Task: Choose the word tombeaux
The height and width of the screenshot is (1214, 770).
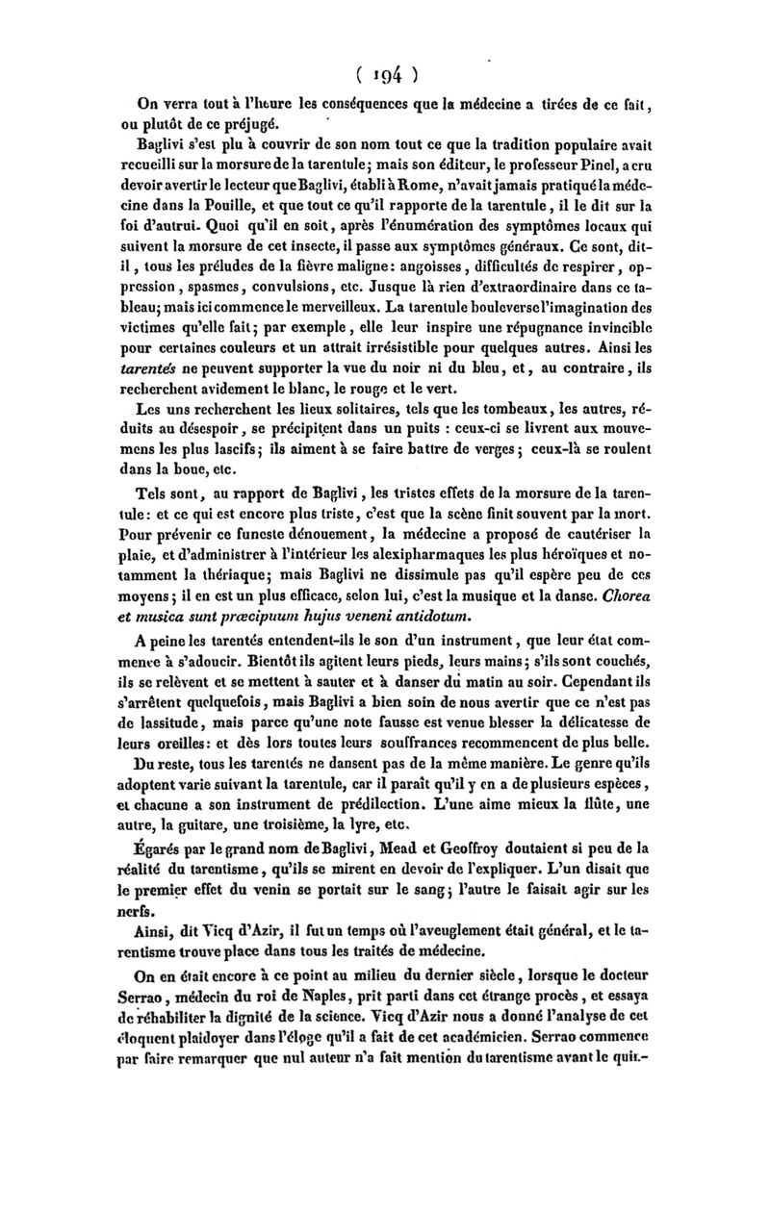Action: pos(500,430)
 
